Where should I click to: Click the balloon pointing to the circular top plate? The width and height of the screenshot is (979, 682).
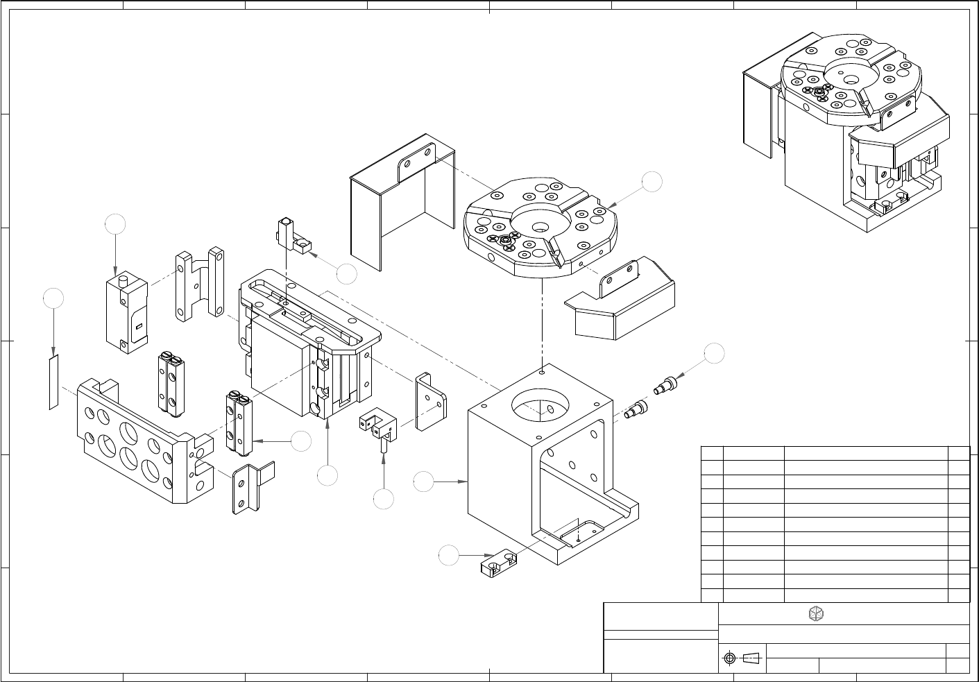652,182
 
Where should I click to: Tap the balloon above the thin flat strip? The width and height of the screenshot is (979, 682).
53,298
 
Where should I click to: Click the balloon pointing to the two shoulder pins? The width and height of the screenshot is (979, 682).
714,353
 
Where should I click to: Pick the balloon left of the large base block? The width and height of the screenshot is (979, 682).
424,481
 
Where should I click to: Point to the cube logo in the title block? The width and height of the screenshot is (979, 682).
817,614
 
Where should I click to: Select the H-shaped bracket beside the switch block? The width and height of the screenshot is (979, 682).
200,284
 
